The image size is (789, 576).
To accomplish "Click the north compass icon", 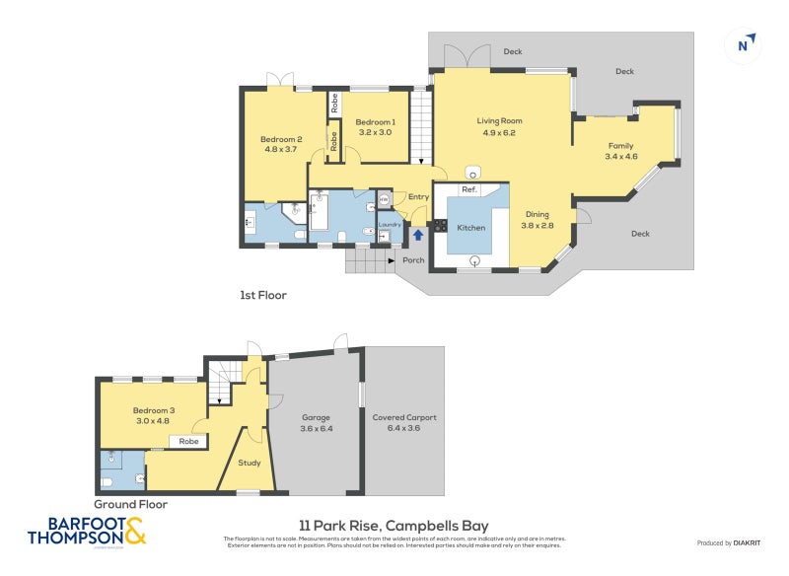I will click(x=747, y=43).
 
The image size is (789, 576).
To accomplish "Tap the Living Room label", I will click(x=499, y=121).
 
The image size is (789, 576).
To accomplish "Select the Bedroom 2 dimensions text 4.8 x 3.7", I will click(x=281, y=149).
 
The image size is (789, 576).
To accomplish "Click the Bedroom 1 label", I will click(x=375, y=121).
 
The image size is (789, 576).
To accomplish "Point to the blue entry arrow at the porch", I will click(x=417, y=235).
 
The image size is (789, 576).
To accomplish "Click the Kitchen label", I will click(x=470, y=228).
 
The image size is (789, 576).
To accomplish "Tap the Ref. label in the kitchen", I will click(x=469, y=189).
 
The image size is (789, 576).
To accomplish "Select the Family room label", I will click(x=620, y=146).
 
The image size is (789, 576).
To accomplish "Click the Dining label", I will click(x=537, y=214).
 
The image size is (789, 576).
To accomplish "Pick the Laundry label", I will click(x=389, y=224).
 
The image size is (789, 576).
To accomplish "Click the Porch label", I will click(x=413, y=260).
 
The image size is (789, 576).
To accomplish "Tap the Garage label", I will click(x=316, y=417).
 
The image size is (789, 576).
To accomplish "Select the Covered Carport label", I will click(x=403, y=417).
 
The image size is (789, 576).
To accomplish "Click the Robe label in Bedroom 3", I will click(x=188, y=442).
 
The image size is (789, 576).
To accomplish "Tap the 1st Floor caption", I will click(x=263, y=294).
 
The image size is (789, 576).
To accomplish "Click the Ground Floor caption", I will click(x=131, y=503).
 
